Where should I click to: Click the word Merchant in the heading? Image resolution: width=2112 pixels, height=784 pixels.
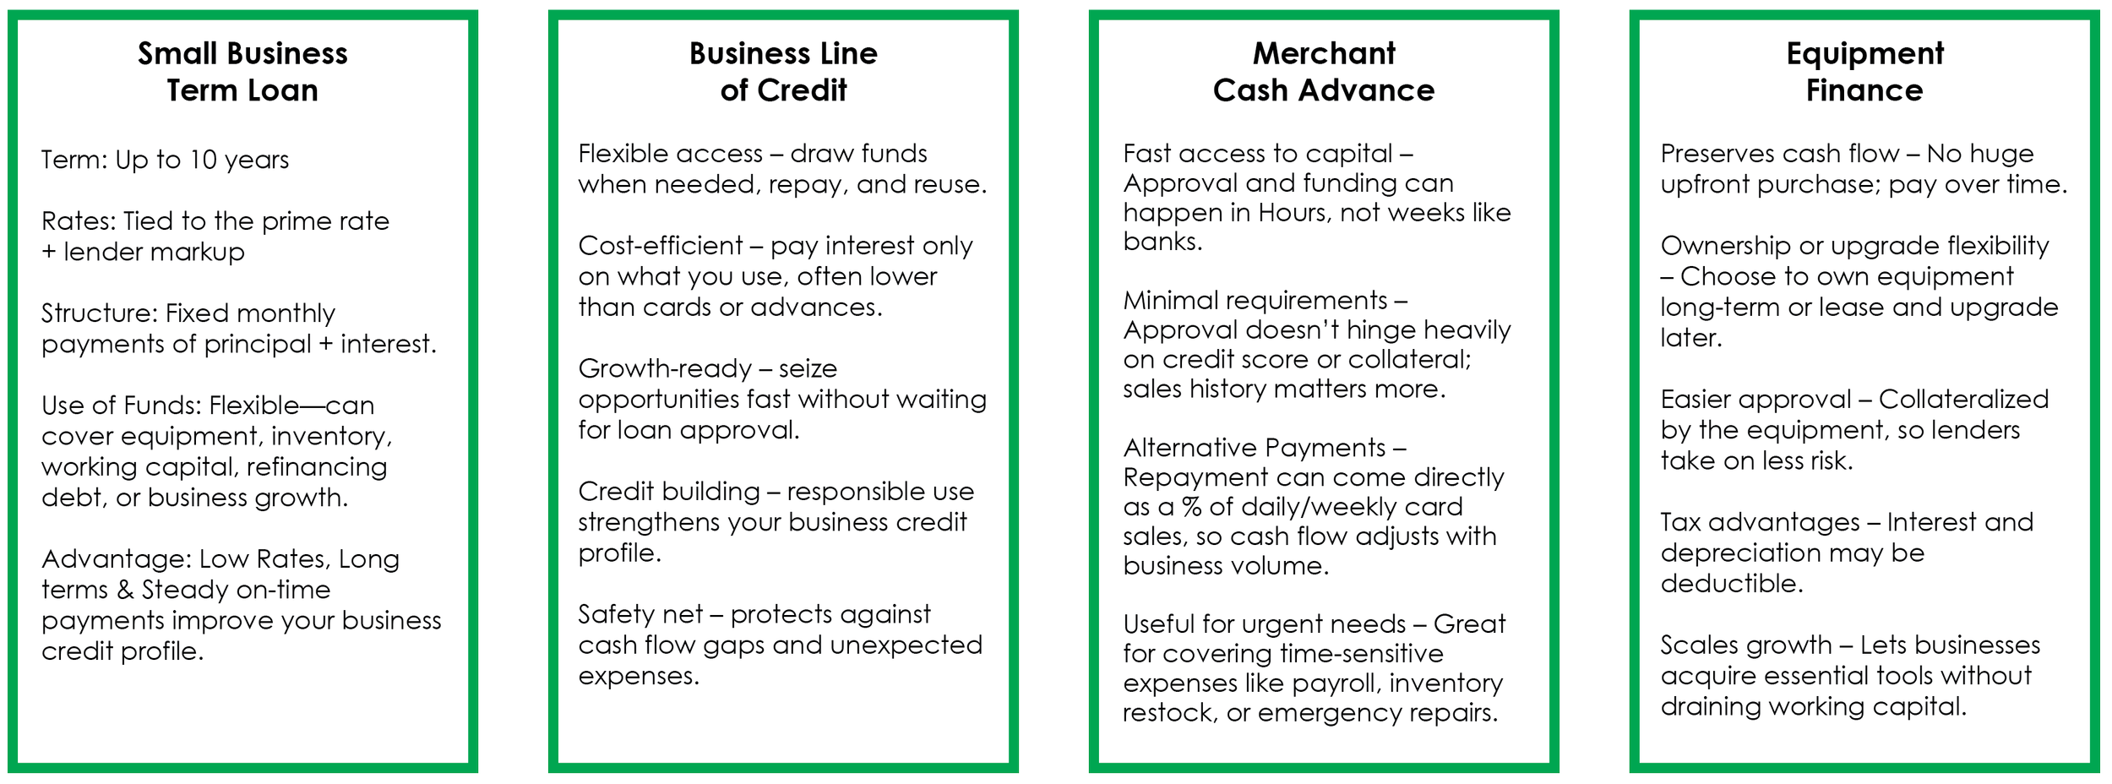(1324, 54)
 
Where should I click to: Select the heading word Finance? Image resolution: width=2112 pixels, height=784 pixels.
(1864, 90)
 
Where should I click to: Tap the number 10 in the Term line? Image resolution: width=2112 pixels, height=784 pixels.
(203, 160)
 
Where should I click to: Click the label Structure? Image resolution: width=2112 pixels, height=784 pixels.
(100, 313)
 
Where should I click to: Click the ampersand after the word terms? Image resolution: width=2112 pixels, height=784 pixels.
(125, 590)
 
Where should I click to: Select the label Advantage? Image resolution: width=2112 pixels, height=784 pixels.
(117, 559)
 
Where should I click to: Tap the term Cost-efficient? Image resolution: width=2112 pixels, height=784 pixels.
(660, 246)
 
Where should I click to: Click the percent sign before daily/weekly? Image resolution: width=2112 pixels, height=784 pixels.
(1191, 507)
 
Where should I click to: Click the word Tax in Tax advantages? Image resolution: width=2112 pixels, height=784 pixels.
(1680, 522)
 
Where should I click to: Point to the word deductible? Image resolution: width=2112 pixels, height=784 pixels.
(1731, 584)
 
